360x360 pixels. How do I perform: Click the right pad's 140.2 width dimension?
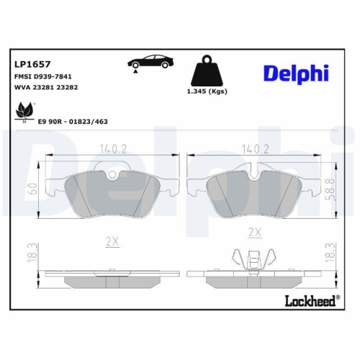(253, 150)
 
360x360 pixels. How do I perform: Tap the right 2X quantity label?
(253, 232)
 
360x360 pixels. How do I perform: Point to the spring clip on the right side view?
(253, 258)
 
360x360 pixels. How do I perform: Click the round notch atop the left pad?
(111, 173)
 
